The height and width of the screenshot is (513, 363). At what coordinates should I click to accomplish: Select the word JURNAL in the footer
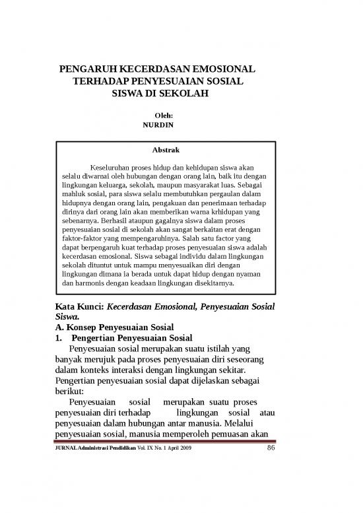[64, 450]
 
